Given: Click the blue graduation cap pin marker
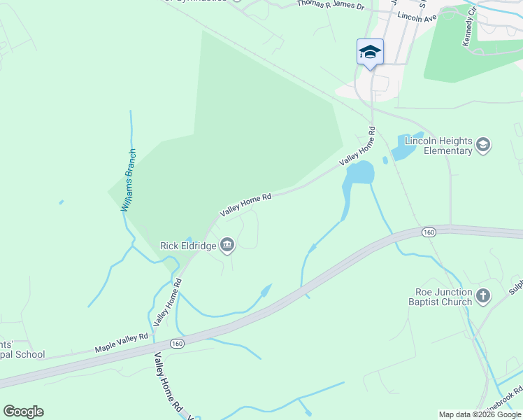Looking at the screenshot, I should pos(370,52).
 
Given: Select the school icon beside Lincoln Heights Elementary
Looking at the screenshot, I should pos(482,145).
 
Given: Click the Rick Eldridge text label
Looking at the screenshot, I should pos(187,245).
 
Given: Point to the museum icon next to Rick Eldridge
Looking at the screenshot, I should pos(227,245).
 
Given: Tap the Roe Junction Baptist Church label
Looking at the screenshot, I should pos(440,297).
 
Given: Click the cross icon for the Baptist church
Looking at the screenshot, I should pos(482,296).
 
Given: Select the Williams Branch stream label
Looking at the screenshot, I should pos(129,180).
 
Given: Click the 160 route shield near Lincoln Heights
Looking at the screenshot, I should pos(429,232).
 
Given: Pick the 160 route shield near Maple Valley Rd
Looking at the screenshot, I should pos(178,343).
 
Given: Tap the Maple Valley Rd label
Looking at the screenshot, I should pos(122,342).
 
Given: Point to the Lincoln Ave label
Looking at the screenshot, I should pos(417,16).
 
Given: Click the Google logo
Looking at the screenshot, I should pos(23,412).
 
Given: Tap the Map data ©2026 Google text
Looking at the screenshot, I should pos(480,414).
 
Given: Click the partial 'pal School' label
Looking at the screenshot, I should pos(22,354).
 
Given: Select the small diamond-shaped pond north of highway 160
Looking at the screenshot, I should pos(266,290).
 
